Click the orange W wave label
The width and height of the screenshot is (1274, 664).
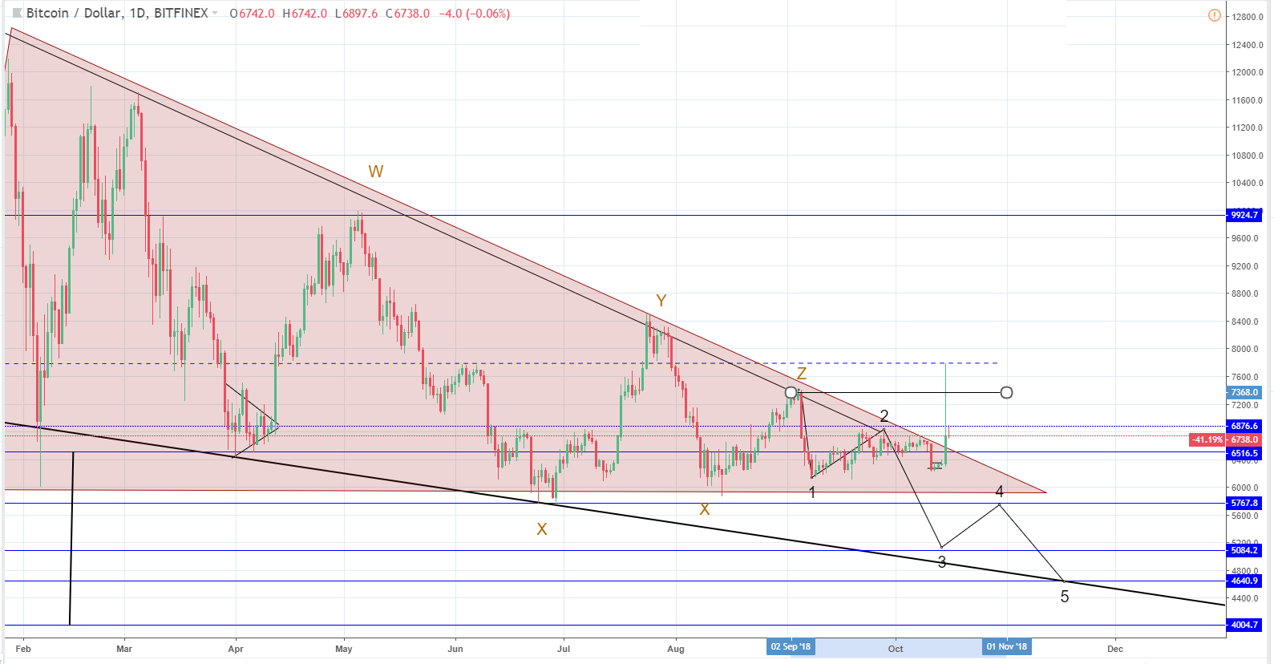click(375, 172)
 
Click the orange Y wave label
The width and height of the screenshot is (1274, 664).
click(661, 301)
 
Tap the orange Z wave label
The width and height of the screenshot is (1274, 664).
click(801, 375)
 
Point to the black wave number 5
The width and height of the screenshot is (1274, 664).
click(1065, 597)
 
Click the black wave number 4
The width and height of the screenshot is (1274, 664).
click(1000, 492)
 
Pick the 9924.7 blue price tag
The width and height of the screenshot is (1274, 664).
click(1244, 215)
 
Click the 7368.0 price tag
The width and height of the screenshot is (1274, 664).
click(1244, 392)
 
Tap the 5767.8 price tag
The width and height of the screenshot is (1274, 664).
click(1244, 503)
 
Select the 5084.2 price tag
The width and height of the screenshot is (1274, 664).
click(1244, 550)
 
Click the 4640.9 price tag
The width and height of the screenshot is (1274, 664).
click(1244, 581)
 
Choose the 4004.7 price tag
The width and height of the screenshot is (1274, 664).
click(1244, 625)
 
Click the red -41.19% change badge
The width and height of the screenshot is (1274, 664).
click(1207, 439)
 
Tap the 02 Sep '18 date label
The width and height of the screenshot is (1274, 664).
click(791, 647)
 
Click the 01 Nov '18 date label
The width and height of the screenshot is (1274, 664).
click(1007, 647)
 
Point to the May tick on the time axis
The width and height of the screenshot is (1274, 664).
click(344, 649)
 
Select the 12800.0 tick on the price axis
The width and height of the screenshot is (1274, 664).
click(1248, 17)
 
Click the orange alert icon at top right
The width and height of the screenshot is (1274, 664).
click(1215, 15)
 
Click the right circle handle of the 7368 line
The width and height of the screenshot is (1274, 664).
click(1006, 392)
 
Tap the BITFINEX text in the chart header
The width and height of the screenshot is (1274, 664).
click(180, 14)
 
